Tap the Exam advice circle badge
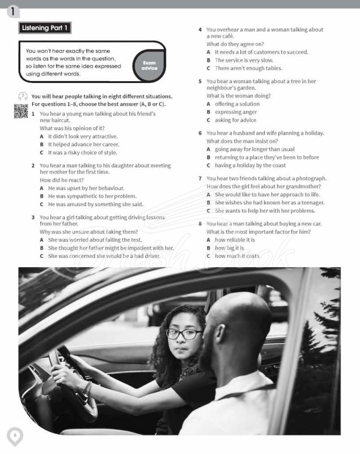tap(149, 65)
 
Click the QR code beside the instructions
tap(21, 111)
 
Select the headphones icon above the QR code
tap(23, 96)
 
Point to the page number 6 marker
tap(15, 436)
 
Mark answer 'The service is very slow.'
tap(244, 60)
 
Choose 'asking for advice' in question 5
tap(235, 120)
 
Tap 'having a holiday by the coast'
tap(250, 166)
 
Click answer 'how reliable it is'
tap(235, 240)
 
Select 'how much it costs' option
tap(236, 256)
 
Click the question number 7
tap(200, 178)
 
